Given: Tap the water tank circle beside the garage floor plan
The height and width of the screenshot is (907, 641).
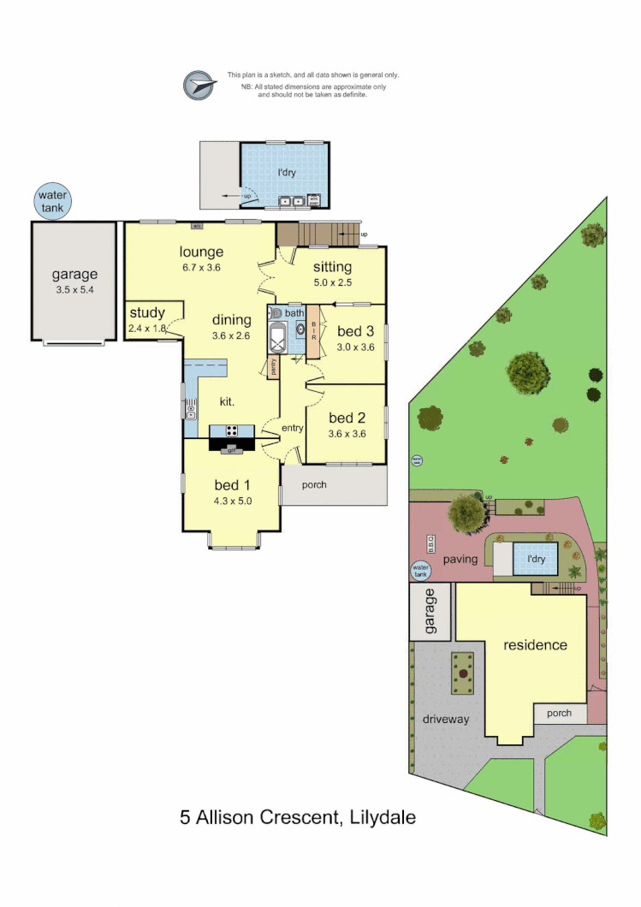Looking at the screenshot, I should pos(50,201).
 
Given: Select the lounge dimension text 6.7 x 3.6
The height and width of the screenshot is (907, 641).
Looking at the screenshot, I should pos(201,267).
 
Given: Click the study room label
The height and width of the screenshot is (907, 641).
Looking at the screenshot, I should pos(147,313).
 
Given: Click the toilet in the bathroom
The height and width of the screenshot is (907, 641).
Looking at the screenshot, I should pos(276,314).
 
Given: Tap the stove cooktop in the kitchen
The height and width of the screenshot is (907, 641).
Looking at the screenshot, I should pos(231,431).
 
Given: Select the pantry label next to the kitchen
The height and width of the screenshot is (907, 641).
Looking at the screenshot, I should pos(273,367).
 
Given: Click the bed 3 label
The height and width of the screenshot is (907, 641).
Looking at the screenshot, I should pos(355,331).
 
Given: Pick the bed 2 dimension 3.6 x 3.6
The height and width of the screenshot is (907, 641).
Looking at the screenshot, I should pos(347,433).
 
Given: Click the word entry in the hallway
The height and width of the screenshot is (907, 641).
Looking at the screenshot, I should pos(294,428).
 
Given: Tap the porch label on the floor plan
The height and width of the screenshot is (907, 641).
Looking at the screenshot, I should pos(314,485).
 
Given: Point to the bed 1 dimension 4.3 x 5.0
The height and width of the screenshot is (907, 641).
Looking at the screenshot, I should pos(233,501).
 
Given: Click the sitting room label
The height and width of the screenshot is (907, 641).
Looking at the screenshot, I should pos(332,267).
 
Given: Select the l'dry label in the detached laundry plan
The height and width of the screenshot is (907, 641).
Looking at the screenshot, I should pos(286,173).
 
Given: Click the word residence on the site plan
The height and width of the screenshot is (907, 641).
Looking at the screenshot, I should pos(535,644).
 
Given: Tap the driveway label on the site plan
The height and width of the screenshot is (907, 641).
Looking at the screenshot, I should pos(446,719).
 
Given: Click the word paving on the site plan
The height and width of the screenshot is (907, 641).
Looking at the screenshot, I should pos(460,559).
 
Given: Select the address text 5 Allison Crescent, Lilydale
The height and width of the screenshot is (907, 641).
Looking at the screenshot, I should pos(298,817).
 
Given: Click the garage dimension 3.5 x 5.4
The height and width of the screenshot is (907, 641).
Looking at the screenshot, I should pos(74,290).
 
